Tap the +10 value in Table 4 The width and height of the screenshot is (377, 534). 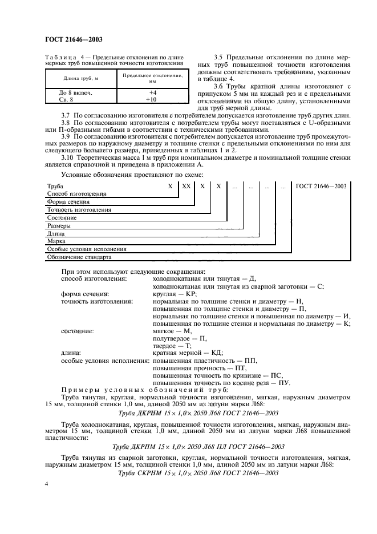pos(152,99)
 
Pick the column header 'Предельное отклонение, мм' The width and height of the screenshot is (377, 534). pos(152,78)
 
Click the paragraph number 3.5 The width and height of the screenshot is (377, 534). pos(218,58)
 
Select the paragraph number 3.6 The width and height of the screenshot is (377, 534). pos(218,86)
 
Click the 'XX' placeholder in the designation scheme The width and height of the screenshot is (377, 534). pos(186,187)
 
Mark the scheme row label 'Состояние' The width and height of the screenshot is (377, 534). pos(62,218)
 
